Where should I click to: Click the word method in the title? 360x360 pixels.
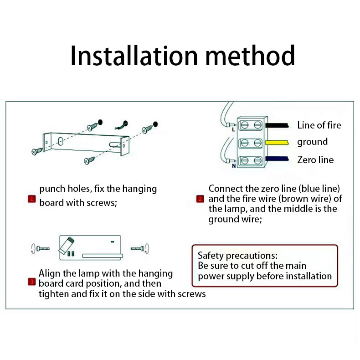pyautogui.click(x=250, y=55)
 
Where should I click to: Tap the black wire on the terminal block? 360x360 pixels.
pyautogui.click(x=277, y=125)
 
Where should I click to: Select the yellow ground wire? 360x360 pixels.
pyautogui.click(x=277, y=143)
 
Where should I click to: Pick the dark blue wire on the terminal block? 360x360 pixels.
pyautogui.click(x=277, y=159)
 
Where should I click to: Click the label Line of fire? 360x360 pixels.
pyautogui.click(x=319, y=125)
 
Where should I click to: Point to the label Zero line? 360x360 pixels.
pyautogui.click(x=315, y=160)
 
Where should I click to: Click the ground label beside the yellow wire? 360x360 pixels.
pyautogui.click(x=312, y=142)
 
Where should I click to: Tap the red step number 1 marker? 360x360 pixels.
pyautogui.click(x=32, y=199)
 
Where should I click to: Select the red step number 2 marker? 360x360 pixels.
pyautogui.click(x=200, y=199)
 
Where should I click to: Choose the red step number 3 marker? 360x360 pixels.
pyautogui.click(x=32, y=282)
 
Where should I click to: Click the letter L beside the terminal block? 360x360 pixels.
pyautogui.click(x=233, y=129)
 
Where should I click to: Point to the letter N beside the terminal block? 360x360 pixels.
pyautogui.click(x=234, y=166)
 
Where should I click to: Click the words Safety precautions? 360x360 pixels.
pyautogui.click(x=237, y=256)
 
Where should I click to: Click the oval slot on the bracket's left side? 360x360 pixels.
pyautogui.click(x=61, y=141)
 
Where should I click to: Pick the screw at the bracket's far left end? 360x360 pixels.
pyautogui.click(x=37, y=151)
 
